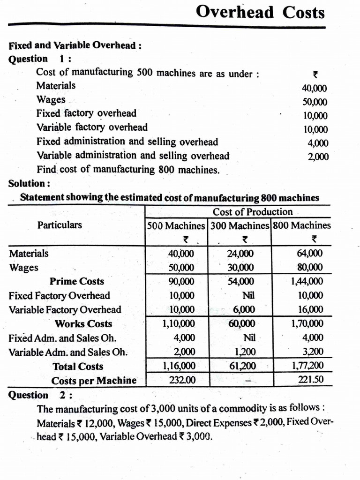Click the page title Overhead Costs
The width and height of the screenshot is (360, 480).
(260, 12)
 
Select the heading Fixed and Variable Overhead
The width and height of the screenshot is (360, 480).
(75, 46)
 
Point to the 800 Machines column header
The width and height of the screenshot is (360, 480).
(301, 225)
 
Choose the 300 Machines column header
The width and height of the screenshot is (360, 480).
(240, 225)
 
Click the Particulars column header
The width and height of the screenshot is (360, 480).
(60, 225)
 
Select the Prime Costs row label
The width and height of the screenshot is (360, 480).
(77, 282)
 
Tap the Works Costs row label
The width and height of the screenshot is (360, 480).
(83, 324)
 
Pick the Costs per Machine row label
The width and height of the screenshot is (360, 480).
(94, 381)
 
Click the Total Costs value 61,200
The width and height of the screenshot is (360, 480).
(242, 366)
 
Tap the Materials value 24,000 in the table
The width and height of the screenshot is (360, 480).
(240, 254)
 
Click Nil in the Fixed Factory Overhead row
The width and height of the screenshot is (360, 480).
(248, 296)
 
